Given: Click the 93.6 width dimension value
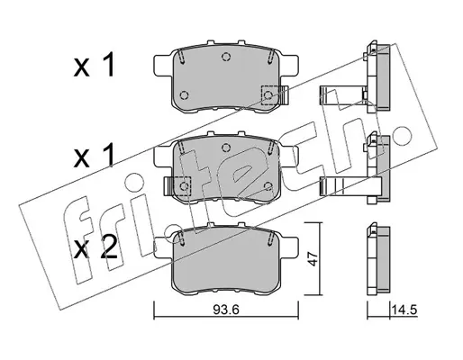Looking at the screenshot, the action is (x=226, y=310).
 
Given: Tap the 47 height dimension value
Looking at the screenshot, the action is (x=313, y=258).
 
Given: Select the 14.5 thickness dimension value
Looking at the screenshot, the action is (x=404, y=310).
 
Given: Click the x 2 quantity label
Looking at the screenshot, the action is (x=95, y=249).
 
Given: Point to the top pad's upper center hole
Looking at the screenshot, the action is (x=226, y=57).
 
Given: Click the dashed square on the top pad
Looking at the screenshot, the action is (x=268, y=95).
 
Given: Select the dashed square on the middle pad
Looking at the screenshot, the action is (x=184, y=186).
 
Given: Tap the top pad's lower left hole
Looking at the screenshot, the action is (x=184, y=95).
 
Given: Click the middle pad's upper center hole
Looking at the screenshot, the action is (x=226, y=148).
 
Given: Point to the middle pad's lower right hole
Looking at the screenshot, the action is (x=268, y=186).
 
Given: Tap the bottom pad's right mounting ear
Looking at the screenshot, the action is (x=289, y=247).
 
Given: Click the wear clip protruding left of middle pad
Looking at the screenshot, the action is (x=168, y=186).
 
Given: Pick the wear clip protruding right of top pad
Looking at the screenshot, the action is (x=284, y=94).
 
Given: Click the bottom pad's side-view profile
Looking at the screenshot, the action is (x=378, y=258).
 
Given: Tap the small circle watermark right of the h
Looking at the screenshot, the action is (x=402, y=134).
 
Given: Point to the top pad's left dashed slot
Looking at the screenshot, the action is (x=181, y=57).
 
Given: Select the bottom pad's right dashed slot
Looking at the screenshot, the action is (x=270, y=238).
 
